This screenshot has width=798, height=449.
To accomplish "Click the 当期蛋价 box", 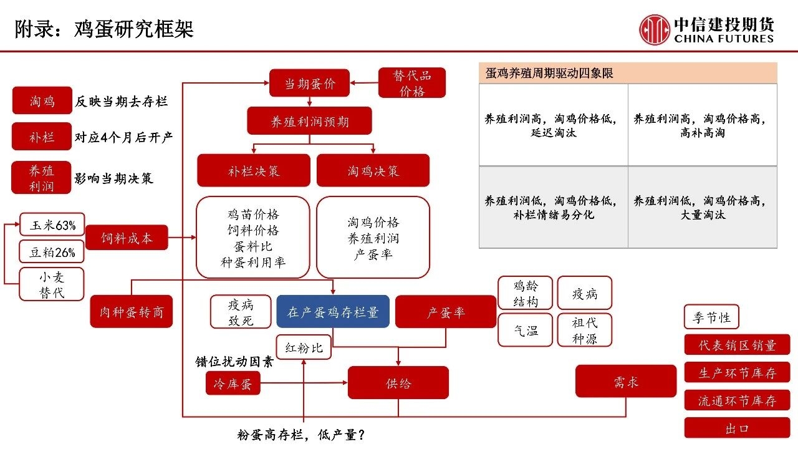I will click(309, 83).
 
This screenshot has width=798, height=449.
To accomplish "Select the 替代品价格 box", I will click(412, 83).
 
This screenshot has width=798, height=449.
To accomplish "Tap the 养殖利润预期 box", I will click(309, 121).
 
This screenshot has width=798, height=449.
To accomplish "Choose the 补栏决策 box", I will click(253, 170).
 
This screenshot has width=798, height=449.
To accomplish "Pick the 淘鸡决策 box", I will click(373, 170).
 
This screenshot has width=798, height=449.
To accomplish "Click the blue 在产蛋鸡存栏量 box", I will click(333, 312).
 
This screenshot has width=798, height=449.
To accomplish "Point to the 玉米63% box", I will click(52, 225).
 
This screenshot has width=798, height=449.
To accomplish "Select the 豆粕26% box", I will click(52, 252).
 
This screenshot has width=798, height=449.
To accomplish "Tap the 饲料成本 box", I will click(127, 238).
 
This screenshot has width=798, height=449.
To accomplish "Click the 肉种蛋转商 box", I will click(131, 312).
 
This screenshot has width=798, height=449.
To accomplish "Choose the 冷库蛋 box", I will click(233, 384).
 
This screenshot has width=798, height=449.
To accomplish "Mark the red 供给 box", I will click(398, 383).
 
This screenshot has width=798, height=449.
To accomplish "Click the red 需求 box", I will click(625, 381).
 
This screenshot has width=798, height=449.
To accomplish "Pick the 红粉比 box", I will click(304, 347).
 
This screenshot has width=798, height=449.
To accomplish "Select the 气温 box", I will click(525, 331).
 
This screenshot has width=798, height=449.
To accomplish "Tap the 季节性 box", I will click(711, 317).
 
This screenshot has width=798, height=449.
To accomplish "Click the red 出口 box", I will click(737, 428).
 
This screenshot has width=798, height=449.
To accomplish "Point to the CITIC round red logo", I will click(654, 29).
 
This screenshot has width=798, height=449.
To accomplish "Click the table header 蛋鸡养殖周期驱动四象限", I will click(628, 73).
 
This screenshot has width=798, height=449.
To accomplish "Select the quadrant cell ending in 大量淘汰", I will click(702, 208).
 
